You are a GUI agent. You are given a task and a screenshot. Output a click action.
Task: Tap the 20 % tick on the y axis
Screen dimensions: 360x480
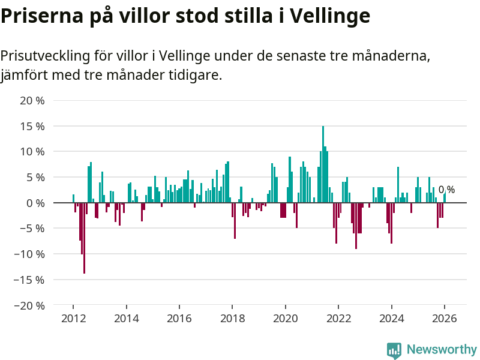click(x=32, y=101)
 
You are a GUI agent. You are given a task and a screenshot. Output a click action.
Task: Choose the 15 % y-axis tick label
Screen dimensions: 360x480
click(x=32, y=127)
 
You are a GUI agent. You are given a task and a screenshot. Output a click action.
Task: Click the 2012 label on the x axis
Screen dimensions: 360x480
click(x=73, y=318)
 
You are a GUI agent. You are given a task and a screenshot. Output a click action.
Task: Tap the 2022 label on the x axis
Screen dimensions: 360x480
click(x=338, y=318)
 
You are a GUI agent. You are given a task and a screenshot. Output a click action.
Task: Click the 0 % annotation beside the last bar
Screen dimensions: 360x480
click(x=446, y=190)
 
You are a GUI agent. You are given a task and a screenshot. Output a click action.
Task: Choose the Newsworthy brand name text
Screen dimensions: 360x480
click(x=442, y=349)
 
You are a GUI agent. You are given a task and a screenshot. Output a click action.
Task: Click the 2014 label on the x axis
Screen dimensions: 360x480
click(x=126, y=318)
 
